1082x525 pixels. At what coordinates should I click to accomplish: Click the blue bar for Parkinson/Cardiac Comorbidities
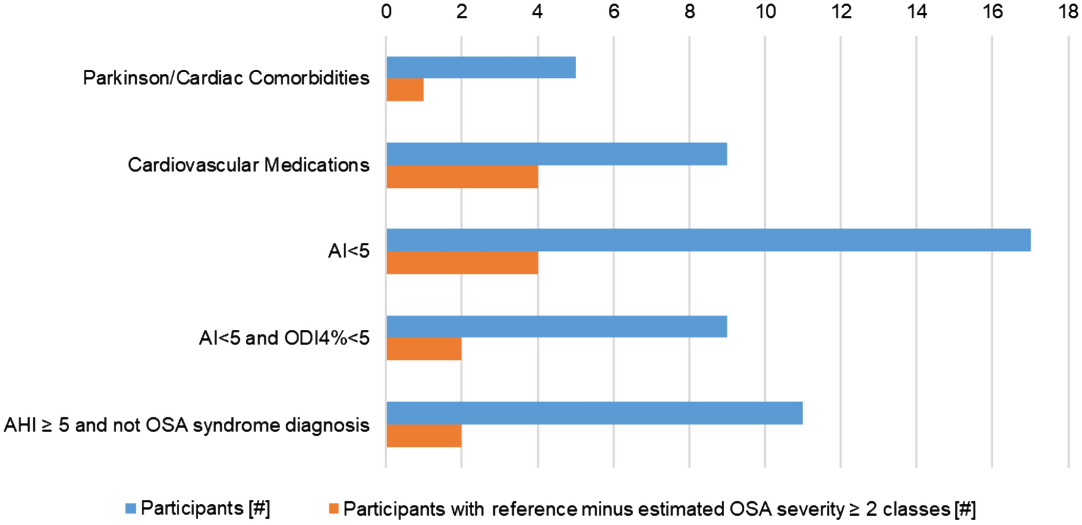tap(481, 67)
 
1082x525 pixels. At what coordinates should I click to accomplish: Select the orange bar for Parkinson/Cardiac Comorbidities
tap(405, 90)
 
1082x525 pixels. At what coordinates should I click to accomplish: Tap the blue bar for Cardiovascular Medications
tap(557, 154)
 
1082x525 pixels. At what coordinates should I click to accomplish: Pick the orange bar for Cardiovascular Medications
tap(462, 177)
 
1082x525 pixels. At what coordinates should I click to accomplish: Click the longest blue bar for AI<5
tap(708, 240)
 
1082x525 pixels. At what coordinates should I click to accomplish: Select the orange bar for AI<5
tap(462, 263)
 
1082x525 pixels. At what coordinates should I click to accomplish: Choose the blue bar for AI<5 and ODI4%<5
tap(557, 327)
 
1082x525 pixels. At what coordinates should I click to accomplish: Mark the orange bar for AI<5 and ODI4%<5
tap(424, 349)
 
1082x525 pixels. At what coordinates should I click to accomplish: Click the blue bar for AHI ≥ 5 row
tap(595, 413)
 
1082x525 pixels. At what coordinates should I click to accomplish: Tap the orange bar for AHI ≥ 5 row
tap(424, 436)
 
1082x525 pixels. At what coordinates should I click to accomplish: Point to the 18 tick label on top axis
tap(1068, 12)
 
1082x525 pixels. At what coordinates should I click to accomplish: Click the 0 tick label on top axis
tap(386, 12)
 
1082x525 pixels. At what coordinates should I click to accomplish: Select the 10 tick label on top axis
tap(765, 12)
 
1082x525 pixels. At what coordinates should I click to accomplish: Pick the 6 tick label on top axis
tap(613, 12)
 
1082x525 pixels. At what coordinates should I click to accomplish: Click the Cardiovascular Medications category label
tap(248, 165)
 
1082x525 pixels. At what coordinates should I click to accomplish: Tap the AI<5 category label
tap(349, 251)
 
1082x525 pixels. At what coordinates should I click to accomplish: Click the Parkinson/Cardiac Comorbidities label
tap(226, 78)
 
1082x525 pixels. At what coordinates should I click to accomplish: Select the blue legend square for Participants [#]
tap(130, 508)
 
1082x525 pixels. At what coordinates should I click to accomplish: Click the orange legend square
tap(333, 508)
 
